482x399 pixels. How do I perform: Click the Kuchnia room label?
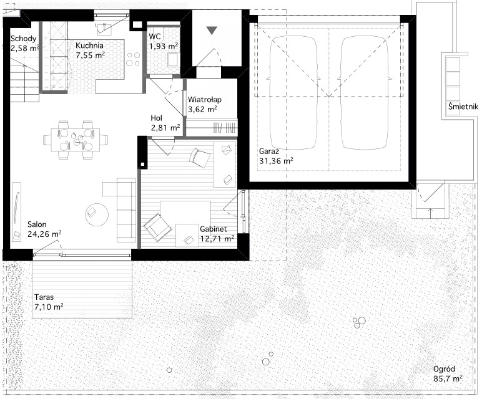pos(89,46)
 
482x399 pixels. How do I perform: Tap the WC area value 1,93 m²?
pos(164,46)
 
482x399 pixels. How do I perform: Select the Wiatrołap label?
pos(205,100)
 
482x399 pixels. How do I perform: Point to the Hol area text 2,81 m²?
pos(165,128)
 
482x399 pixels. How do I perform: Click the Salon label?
pos(37,224)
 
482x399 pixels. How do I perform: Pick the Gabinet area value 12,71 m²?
pos(217,239)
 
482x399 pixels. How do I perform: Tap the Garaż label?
pos(269,151)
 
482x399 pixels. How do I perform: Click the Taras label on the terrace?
pos(44,297)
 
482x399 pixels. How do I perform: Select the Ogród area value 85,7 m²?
pos(448,378)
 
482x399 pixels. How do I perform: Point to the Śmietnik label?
pos(463,107)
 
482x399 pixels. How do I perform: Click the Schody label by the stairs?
pos(23,39)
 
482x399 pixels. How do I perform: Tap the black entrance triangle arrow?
pos(212,31)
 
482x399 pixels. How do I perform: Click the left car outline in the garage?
pos(293,93)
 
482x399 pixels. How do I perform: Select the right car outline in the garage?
pos(364,93)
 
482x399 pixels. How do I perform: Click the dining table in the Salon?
pos(76,140)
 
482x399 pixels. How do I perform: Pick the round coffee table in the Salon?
pos(97,214)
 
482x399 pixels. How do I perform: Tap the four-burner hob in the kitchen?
pos(133,59)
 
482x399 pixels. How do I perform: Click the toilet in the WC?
pos(174,60)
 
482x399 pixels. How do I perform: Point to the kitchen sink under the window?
pos(104,28)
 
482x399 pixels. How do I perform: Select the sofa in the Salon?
pos(126,211)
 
